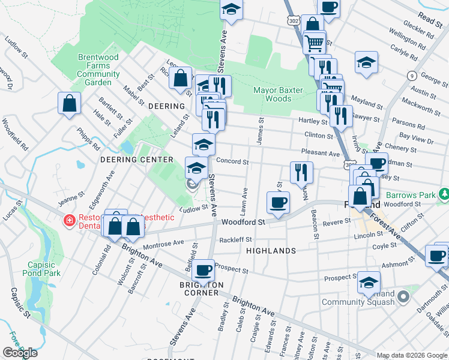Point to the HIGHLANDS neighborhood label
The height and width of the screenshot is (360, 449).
point(271,250)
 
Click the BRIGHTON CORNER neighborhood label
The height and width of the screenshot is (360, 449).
point(201,289)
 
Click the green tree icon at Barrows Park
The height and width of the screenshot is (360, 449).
point(444,195)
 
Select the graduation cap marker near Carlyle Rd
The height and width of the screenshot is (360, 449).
point(365,63)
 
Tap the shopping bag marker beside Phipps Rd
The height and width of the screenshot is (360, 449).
point(70,103)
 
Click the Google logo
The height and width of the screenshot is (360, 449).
point(20,353)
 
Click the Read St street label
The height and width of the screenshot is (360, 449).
point(430,19)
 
